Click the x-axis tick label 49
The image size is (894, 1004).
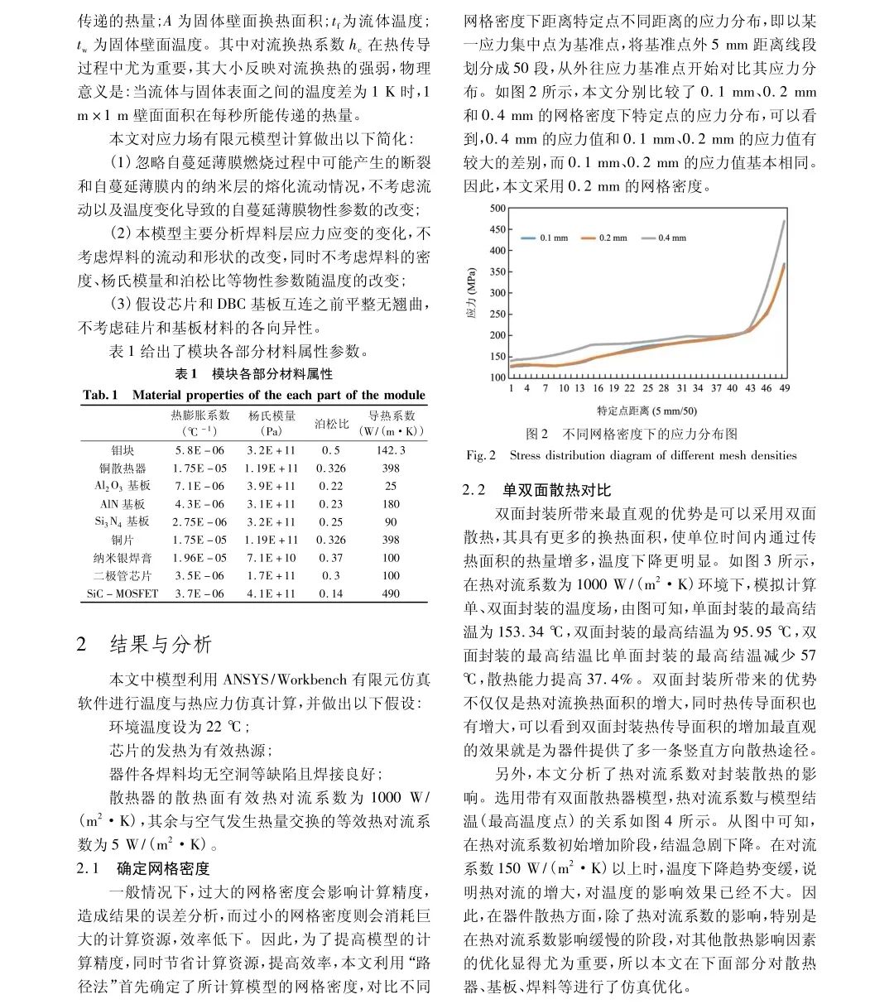785,388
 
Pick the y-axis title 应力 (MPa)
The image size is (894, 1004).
472,293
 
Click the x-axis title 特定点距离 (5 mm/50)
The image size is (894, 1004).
646,411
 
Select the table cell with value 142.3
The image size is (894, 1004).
391,450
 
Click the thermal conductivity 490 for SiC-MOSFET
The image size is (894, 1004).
391,593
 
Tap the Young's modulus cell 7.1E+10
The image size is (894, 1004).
272,558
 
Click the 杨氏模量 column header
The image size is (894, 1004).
272,416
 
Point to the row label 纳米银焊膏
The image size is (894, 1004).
123,558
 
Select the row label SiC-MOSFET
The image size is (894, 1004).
123,593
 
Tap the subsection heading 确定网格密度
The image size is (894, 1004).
163,868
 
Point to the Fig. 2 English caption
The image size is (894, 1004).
631,455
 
